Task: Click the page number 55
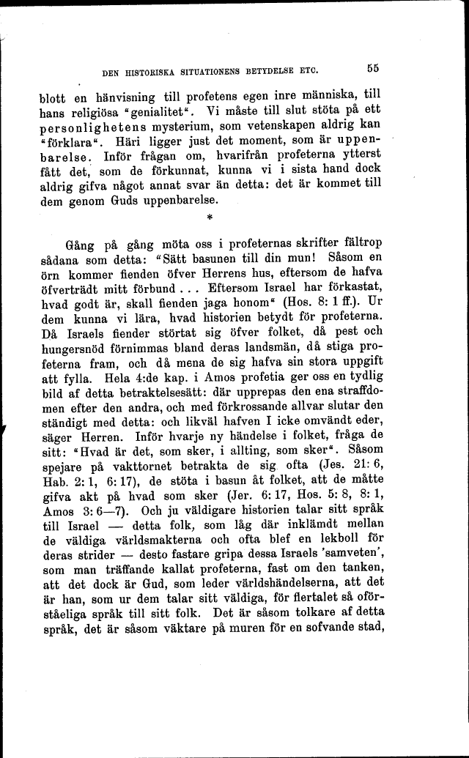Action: click(372, 69)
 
